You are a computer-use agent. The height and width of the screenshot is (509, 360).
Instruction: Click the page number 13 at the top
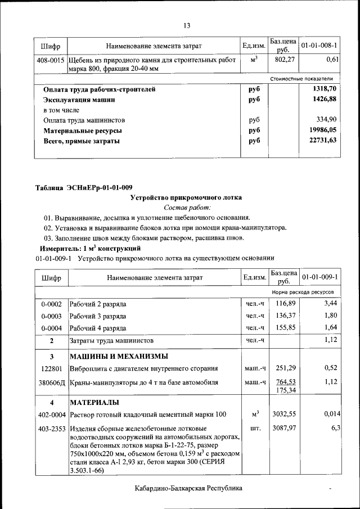(187, 25)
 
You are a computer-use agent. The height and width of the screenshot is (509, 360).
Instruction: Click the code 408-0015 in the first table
(51, 59)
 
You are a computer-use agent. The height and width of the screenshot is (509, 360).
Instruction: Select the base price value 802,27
(284, 59)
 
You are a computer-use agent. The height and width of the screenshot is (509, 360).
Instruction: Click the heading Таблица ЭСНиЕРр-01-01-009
(84, 187)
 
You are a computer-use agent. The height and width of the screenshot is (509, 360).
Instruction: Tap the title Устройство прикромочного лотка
(186, 197)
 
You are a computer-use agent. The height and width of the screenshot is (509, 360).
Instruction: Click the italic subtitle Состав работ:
(187, 208)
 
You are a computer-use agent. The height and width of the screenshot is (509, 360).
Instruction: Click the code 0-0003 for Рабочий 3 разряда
(51, 316)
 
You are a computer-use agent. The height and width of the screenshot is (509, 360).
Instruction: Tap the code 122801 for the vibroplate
(51, 369)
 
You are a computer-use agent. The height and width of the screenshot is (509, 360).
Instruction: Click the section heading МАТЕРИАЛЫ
(94, 403)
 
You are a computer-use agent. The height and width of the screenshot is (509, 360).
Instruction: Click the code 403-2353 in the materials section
(51, 429)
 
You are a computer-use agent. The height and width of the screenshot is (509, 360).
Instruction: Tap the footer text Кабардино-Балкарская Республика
(188, 488)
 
